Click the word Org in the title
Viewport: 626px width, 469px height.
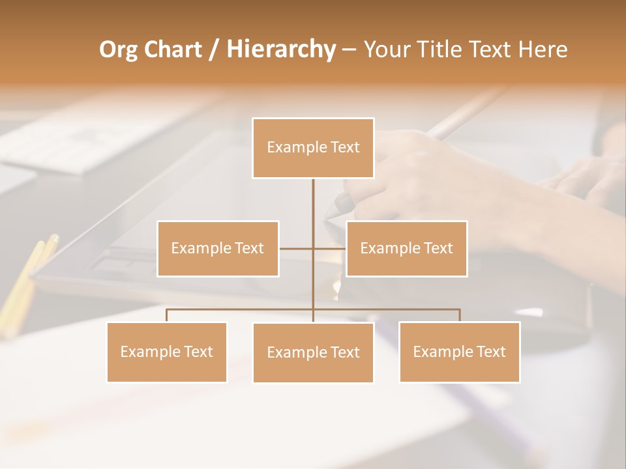[118, 50]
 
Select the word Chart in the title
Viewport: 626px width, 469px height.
[172, 50]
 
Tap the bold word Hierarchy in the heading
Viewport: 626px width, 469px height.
[280, 50]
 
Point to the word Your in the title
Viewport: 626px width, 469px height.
[385, 50]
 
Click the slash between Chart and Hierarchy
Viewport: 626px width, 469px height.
[214, 50]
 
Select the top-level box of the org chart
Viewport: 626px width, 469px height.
[313, 148]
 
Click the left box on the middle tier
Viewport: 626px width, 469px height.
[218, 248]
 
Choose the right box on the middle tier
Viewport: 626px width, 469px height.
[406, 248]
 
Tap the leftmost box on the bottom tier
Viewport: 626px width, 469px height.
[166, 352]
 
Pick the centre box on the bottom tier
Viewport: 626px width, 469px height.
[313, 352]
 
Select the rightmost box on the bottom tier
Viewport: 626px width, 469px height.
[459, 352]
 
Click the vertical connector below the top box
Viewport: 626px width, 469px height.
[313, 208]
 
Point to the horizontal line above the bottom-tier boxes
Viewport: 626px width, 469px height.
[241, 309]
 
